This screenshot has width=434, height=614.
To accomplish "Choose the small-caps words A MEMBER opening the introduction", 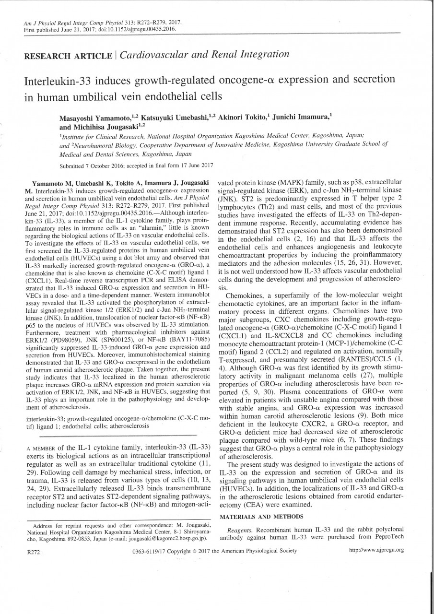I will [x=41, y=447].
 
